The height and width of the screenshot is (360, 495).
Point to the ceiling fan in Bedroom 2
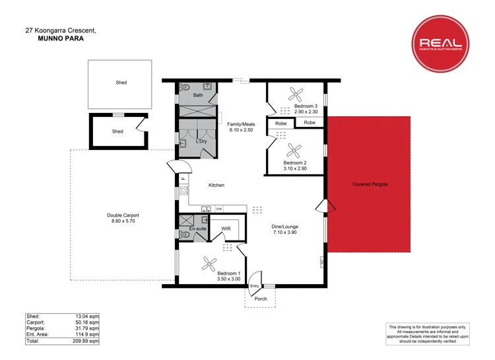click(294, 149)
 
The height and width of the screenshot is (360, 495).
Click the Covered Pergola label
click(370, 184)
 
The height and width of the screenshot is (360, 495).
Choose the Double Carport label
click(123, 215)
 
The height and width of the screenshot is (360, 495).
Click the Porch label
click(261, 299)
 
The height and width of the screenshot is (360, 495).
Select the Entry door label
click(255, 285)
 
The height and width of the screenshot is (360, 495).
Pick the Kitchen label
click(216, 185)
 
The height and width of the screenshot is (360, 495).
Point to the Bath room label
click(197, 95)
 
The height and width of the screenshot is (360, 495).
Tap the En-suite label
click(198, 229)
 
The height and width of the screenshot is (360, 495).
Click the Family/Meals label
click(242, 124)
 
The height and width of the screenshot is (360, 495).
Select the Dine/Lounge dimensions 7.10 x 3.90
click(285, 233)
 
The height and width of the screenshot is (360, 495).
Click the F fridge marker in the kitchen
click(183, 179)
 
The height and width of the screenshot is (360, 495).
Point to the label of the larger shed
click(121, 83)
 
